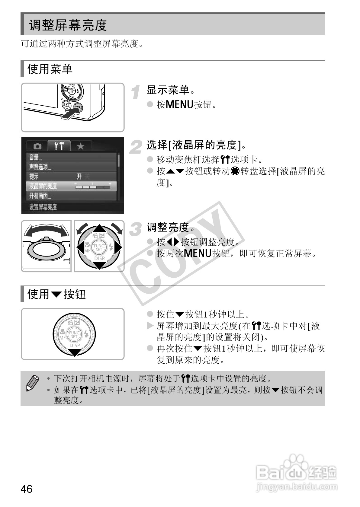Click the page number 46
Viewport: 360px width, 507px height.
(26, 488)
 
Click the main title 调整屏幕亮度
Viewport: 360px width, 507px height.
(68, 25)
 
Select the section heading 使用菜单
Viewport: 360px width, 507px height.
(50, 69)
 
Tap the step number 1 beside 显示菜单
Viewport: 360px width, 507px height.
(137, 92)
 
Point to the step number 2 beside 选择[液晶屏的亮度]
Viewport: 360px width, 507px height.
(136, 147)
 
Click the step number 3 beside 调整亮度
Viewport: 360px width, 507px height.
(136, 229)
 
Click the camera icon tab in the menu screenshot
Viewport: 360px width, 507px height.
(37, 146)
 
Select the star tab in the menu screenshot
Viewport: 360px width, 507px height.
(80, 146)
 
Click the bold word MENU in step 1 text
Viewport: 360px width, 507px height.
(179, 105)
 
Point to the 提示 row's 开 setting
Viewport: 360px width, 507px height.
(79, 177)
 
